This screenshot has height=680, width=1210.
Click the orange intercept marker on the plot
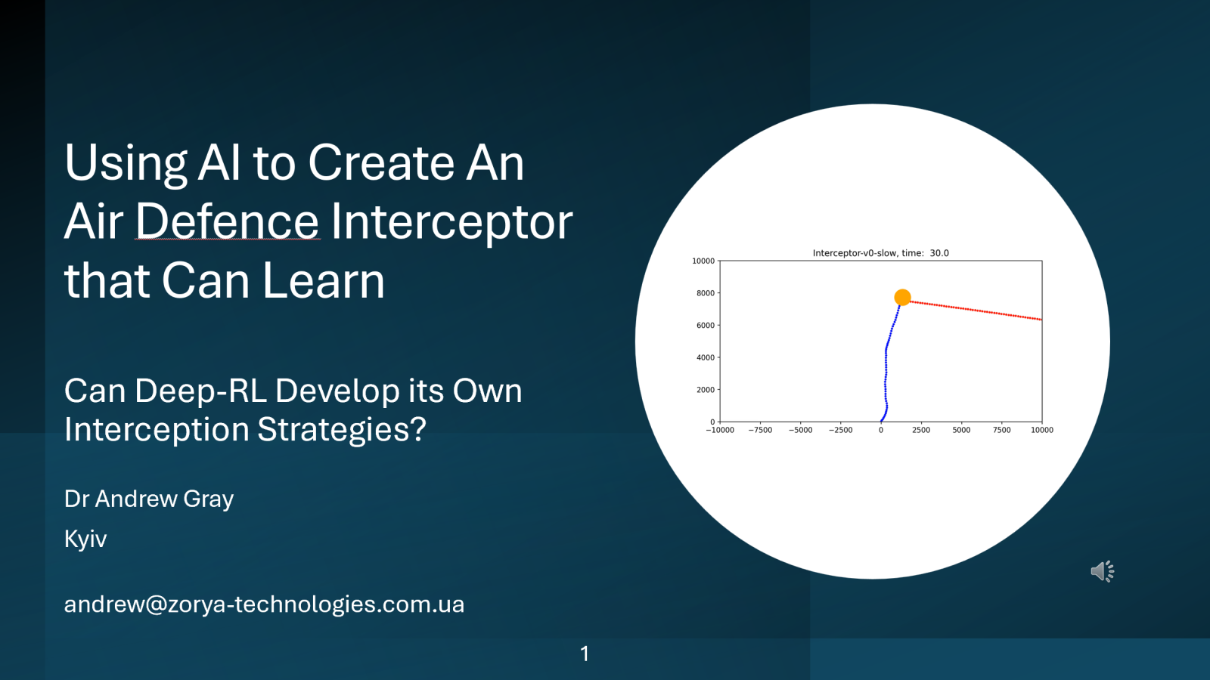click(902, 297)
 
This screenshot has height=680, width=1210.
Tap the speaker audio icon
click(1102, 571)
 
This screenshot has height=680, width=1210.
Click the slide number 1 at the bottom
click(585, 654)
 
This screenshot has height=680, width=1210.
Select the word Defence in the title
click(227, 222)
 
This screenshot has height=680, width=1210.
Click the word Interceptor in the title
click(451, 222)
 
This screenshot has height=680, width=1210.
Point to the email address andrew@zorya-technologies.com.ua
click(264, 604)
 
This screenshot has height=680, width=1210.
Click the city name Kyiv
click(85, 539)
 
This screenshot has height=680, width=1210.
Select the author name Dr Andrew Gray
click(149, 499)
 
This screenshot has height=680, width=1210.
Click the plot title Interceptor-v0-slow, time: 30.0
click(880, 253)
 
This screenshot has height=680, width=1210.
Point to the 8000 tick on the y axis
click(705, 293)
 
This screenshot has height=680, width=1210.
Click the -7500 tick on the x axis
click(760, 430)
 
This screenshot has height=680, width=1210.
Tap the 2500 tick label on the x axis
click(921, 430)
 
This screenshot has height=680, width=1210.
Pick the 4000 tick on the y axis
click(705, 357)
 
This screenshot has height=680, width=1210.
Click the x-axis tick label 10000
click(1041, 430)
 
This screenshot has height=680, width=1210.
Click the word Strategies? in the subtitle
click(342, 430)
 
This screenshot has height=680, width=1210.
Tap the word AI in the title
click(220, 163)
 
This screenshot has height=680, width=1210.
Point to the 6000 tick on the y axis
click(705, 326)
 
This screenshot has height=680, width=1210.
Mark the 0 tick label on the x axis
click(880, 430)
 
